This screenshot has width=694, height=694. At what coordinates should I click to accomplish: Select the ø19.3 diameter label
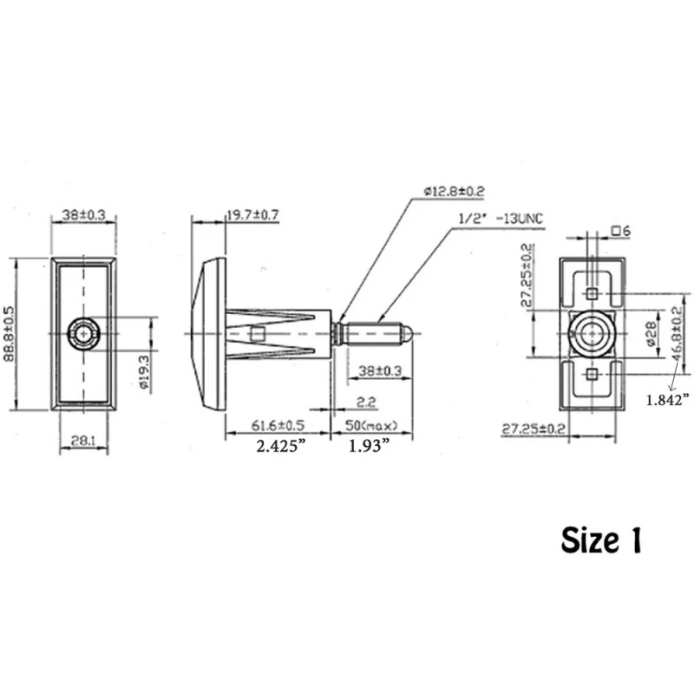[146, 371]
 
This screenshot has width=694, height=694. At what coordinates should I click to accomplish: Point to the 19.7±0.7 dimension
[252, 215]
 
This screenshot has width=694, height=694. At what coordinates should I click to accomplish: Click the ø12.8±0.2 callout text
[455, 191]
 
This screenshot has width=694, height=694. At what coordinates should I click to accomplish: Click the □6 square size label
[620, 231]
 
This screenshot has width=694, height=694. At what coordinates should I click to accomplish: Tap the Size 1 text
[601, 540]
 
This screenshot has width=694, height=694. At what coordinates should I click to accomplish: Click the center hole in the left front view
[84, 332]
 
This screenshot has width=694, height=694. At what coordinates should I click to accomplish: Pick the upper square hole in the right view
[591, 293]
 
